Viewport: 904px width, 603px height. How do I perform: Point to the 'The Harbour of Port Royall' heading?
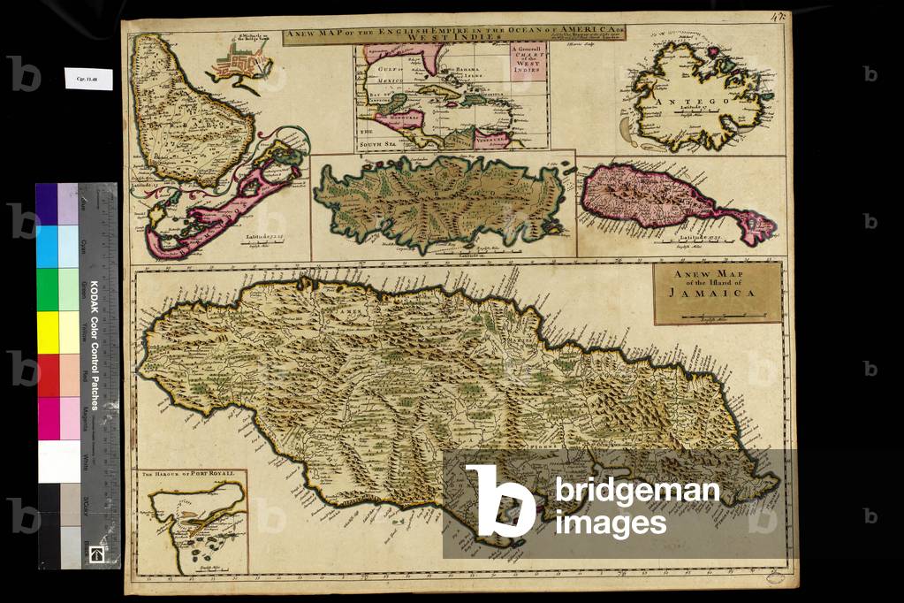tap(190, 475)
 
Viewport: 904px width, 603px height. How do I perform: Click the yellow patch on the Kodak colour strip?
tap(58, 332)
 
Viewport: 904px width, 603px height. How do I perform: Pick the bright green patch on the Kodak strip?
tap(58, 289)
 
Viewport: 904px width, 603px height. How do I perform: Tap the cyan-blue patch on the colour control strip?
tap(58, 246)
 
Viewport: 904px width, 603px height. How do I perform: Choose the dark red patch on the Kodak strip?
tap(58, 375)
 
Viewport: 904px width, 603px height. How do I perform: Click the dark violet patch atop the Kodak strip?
tap(58, 203)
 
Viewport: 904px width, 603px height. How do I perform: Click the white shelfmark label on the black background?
tap(88, 79)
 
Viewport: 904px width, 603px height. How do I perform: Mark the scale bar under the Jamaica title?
tap(717, 314)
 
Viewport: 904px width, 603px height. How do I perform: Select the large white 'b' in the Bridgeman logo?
tap(500, 500)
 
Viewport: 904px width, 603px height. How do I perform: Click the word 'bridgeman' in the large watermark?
tap(636, 491)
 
